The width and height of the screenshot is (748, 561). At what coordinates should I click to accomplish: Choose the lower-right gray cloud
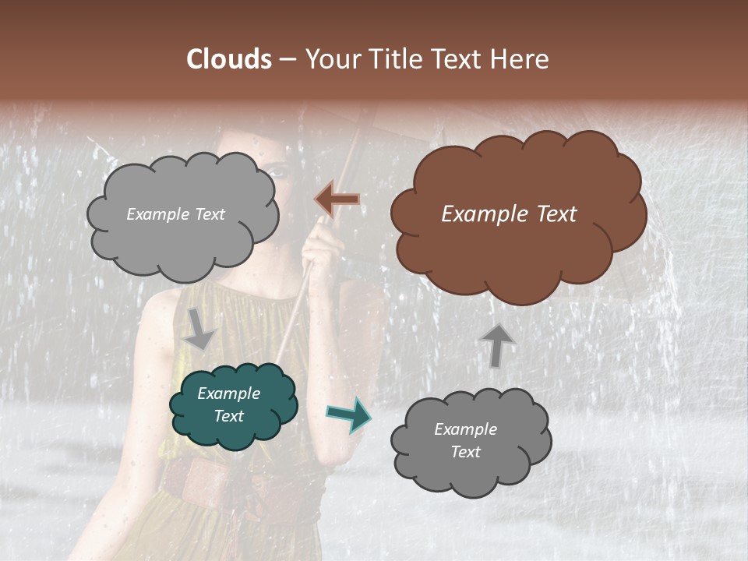(x=471, y=467)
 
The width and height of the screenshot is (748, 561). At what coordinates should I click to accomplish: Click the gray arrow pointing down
(x=200, y=328)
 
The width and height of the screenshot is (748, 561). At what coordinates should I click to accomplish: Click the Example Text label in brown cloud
(x=509, y=214)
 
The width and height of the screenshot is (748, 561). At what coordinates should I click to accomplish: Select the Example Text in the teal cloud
(x=228, y=405)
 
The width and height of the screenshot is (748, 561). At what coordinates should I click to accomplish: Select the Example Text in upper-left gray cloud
(x=175, y=214)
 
